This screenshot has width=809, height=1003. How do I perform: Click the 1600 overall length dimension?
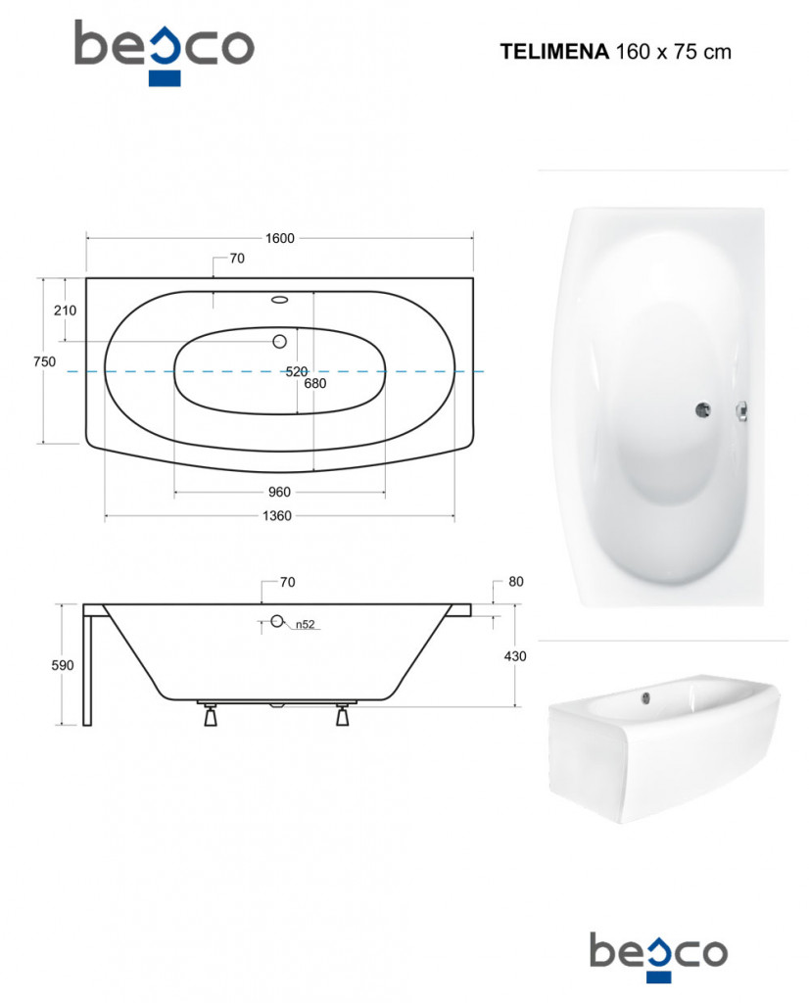tap(280, 239)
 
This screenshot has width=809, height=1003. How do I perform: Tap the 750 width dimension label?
tap(44, 362)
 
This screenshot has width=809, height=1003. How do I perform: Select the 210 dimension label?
tap(65, 310)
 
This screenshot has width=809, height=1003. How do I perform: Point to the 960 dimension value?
tap(279, 493)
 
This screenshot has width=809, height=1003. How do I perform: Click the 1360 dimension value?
tap(277, 516)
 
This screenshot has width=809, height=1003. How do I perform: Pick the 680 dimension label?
tap(315, 384)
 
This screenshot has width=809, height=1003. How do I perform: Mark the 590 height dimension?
tap(63, 666)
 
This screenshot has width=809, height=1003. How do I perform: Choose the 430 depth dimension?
tap(515, 656)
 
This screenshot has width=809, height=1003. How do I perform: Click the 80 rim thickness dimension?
tap(516, 582)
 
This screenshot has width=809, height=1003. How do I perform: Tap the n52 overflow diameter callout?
tap(305, 625)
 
